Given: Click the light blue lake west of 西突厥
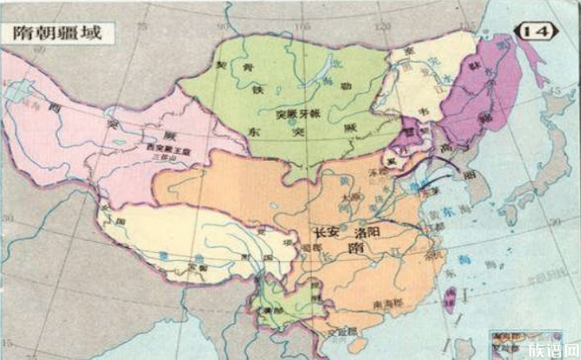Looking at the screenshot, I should (15, 92).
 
